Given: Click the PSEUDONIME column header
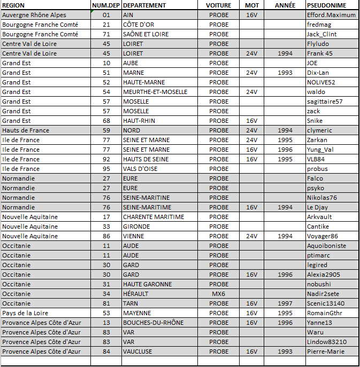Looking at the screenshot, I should point(326,5).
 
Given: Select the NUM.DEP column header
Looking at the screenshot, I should point(106,5).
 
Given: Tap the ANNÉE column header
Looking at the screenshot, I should point(285,5).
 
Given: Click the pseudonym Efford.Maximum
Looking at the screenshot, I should point(331,15).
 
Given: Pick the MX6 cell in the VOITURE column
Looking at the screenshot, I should point(218,294).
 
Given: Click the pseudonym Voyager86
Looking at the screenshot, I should point(323,236).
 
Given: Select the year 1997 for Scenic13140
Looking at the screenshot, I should point(285,303).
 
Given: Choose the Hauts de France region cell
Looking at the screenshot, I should point(26,130).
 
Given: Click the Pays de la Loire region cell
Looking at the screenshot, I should point(24,313).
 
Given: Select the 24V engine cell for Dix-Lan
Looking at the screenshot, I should point(252,73).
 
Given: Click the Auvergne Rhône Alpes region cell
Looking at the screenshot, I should point(34,15).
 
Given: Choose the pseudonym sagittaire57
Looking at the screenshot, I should point(325,101).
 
